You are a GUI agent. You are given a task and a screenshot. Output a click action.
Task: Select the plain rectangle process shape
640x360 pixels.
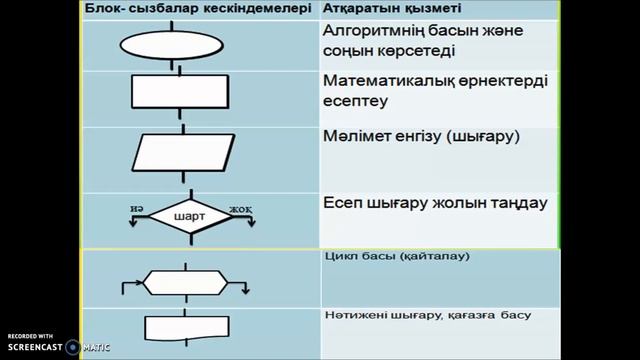click(176, 92)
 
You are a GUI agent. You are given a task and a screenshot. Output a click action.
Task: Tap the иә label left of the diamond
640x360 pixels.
click(135, 207)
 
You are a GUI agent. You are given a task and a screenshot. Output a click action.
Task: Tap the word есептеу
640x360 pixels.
click(358, 101)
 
